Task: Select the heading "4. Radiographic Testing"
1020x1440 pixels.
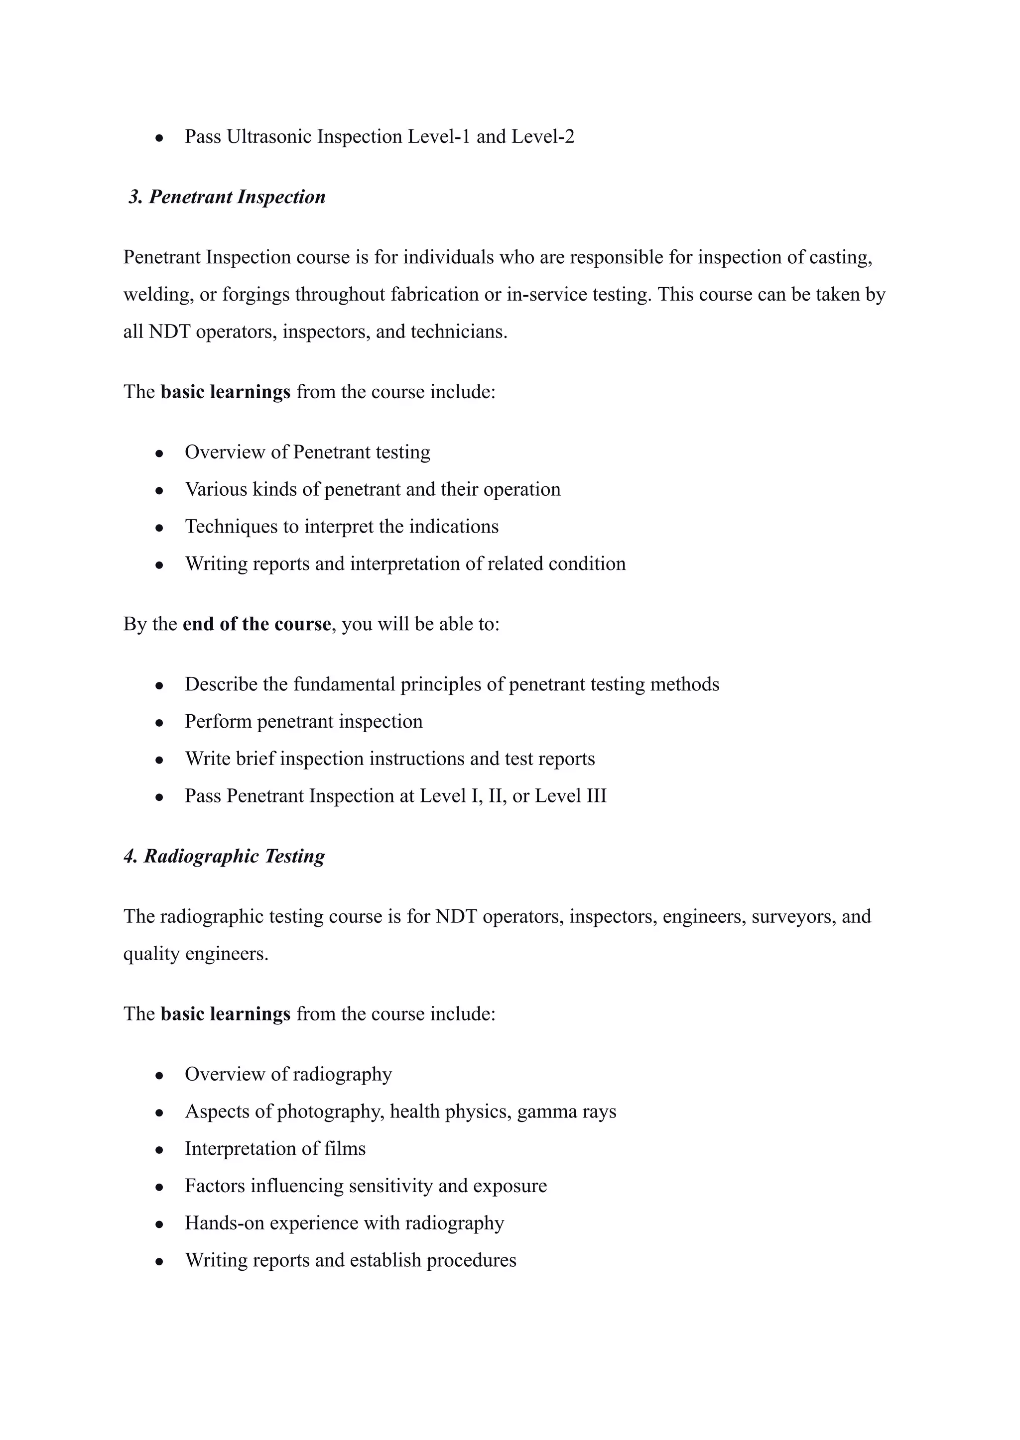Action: click(224, 856)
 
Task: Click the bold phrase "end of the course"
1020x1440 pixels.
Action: click(256, 624)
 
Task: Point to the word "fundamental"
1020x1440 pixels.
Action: click(344, 684)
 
